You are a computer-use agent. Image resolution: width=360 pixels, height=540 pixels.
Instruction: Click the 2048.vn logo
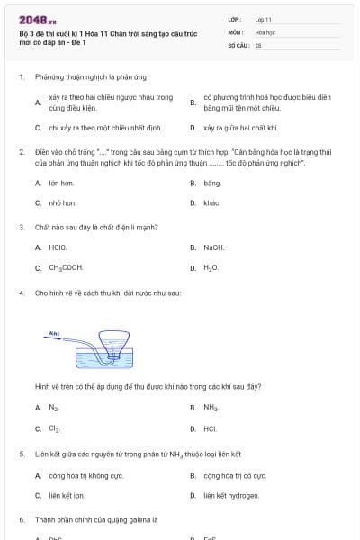coord(37,19)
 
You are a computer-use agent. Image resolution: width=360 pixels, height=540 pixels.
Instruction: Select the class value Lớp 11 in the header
coord(263,19)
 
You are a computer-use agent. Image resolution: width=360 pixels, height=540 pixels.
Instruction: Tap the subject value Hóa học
coord(265,31)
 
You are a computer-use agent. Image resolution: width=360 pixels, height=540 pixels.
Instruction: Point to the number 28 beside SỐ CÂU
coord(258,44)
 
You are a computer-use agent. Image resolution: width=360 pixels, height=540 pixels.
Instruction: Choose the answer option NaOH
coord(213,247)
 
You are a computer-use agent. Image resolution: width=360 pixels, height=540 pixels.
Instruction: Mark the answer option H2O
coord(211,267)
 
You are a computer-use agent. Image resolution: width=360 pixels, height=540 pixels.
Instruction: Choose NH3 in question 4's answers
coord(211,408)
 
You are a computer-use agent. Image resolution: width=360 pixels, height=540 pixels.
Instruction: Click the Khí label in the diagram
coord(54,333)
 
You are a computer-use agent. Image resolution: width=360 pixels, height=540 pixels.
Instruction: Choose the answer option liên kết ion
coord(66,495)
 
